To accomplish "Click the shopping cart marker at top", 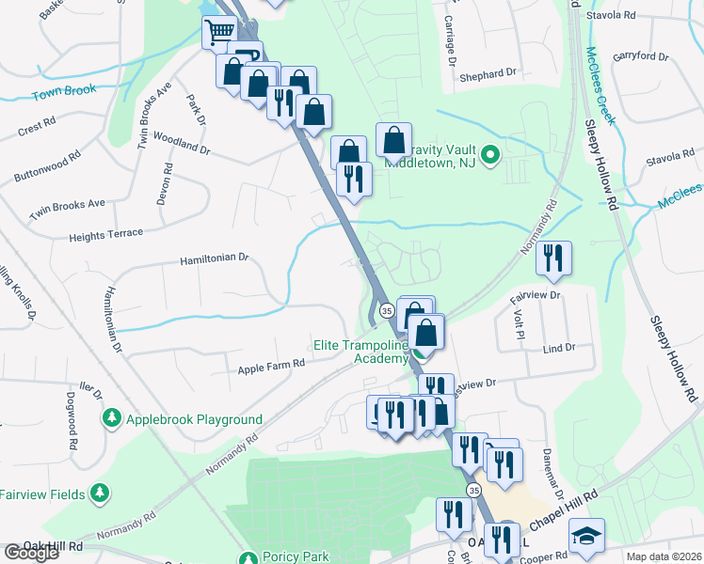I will [219, 31].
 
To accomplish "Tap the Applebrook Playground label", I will [195, 419].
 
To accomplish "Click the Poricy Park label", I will [296, 556].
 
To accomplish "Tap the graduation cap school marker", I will [586, 535].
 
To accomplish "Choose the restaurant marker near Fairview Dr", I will [554, 258].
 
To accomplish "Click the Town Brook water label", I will [65, 94].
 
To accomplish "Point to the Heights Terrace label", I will [105, 234].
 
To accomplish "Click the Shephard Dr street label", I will [489, 72].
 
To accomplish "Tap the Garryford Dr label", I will [640, 55].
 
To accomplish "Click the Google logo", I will [31, 553].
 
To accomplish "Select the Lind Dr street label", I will [558, 348].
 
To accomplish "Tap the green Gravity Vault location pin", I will [489, 155].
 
